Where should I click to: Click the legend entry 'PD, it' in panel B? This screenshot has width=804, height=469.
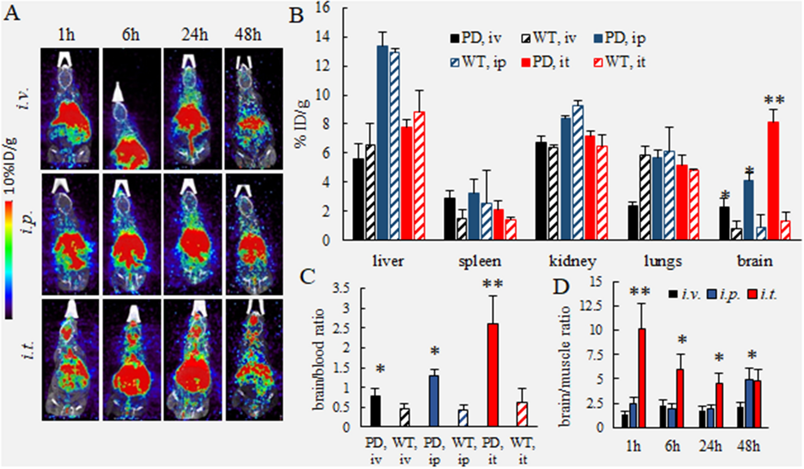[545, 62]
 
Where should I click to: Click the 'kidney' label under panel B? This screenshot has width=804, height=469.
[572, 261]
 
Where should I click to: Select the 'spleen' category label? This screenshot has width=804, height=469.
[480, 262]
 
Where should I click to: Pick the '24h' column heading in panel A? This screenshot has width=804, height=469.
[194, 35]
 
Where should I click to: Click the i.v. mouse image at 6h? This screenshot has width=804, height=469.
[131, 109]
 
